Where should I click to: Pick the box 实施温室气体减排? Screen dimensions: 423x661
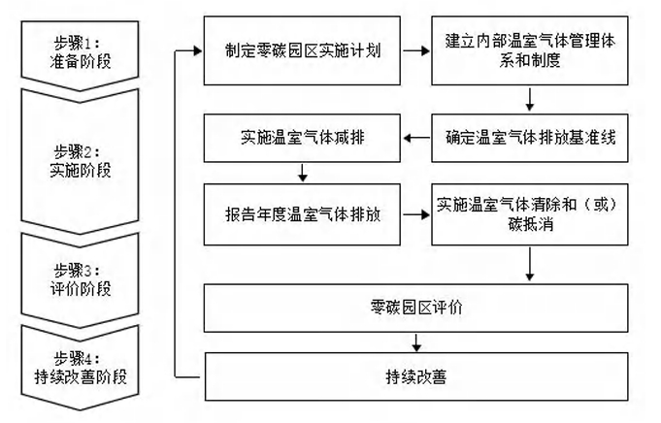click(302, 139)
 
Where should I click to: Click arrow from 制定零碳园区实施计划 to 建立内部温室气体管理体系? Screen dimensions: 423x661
click(413, 51)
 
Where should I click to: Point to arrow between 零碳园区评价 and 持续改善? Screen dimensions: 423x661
click(417, 342)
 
